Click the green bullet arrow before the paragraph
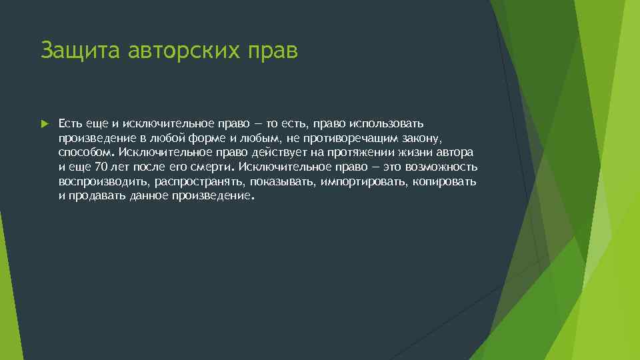coord(44,124)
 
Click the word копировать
coord(445,182)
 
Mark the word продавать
coord(92,197)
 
